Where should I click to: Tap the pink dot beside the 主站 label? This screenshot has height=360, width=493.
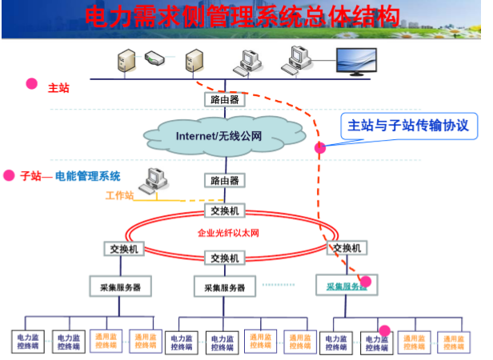[x=32, y=83]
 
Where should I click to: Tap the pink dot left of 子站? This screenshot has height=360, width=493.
[x=10, y=175]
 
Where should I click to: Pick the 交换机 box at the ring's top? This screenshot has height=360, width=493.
[x=224, y=210]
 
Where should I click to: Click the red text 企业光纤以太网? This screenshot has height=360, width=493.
[x=227, y=234]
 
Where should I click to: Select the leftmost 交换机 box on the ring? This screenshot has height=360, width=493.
[x=124, y=249]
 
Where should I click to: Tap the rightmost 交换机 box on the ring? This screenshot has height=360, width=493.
[x=349, y=248]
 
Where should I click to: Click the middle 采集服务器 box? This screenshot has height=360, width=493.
[x=225, y=287]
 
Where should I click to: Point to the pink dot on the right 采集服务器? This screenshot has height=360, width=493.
[x=366, y=281]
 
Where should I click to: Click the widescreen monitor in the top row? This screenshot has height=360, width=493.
[x=359, y=61]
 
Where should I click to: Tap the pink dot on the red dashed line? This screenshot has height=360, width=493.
[x=320, y=147]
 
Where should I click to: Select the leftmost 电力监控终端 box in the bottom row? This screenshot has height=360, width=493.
[x=27, y=342]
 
